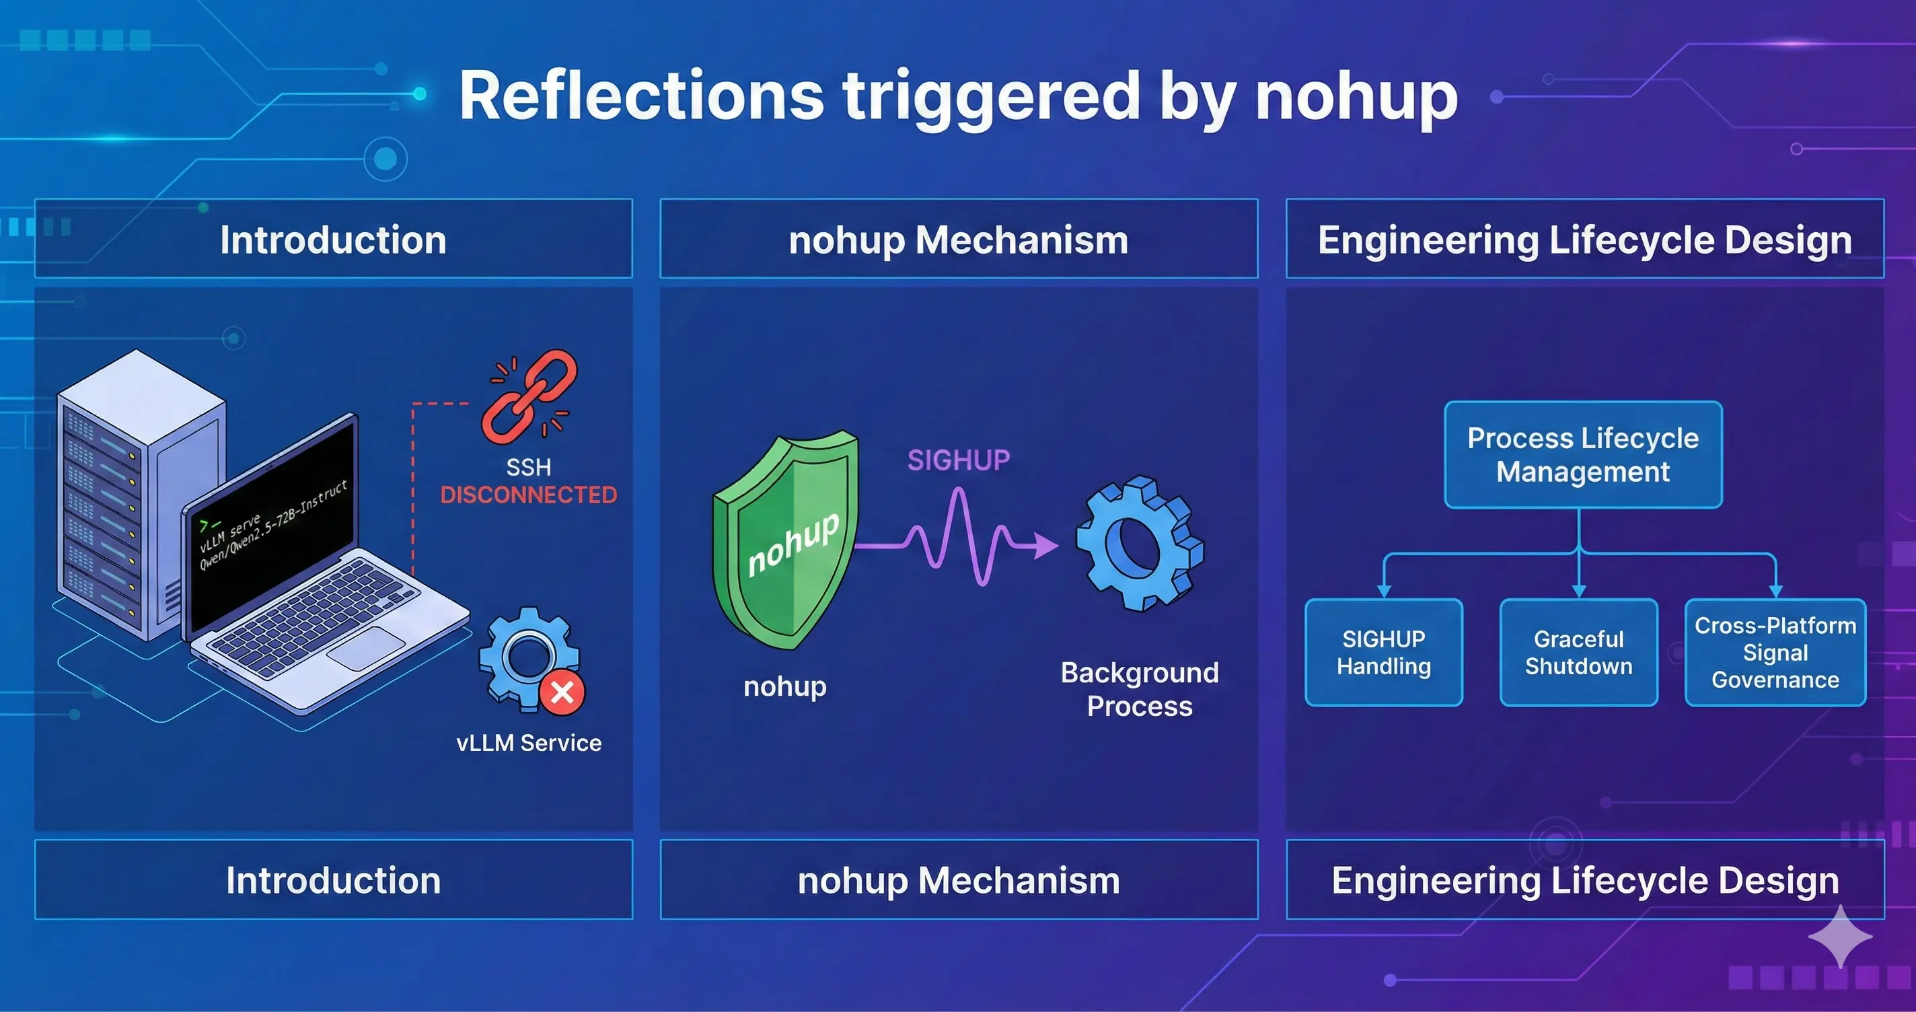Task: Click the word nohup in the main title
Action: point(1357,97)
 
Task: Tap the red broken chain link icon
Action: point(529,396)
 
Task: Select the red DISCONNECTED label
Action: point(529,495)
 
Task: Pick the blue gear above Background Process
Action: point(1140,543)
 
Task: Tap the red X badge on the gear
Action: point(562,693)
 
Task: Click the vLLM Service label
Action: point(529,743)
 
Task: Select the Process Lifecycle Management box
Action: point(1583,455)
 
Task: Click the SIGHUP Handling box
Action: point(1383,653)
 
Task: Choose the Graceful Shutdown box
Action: point(1578,653)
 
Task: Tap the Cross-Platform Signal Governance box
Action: point(1775,653)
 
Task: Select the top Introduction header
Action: point(333,240)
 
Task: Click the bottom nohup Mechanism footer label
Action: point(959,880)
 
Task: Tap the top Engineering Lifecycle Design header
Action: point(1585,240)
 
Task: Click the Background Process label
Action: point(1140,689)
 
